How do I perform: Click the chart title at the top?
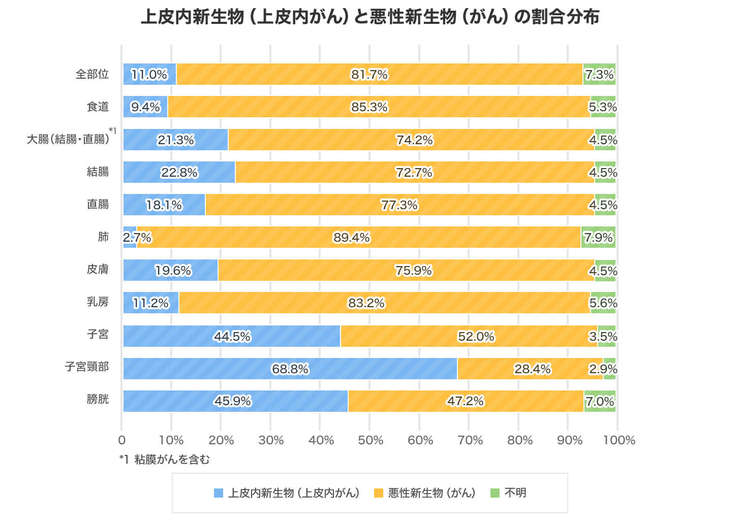click(369, 17)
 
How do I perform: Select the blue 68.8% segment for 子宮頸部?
click(290, 369)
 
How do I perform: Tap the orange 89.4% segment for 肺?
click(358, 237)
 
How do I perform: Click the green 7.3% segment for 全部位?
click(599, 74)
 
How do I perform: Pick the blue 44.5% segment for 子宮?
click(232, 336)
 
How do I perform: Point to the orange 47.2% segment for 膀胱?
click(466, 401)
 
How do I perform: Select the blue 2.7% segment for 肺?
click(130, 237)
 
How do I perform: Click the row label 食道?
click(98, 107)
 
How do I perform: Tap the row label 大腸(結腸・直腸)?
click(68, 139)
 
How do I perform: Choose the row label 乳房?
click(98, 302)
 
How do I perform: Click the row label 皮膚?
click(98, 269)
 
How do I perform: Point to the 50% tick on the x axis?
click(371, 440)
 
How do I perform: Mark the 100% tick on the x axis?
click(619, 440)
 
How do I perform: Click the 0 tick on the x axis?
click(122, 440)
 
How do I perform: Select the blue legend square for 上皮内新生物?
click(219, 493)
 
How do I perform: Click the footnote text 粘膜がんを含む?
click(172, 460)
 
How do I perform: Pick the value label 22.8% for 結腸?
click(179, 173)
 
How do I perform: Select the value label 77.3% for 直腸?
click(399, 205)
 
